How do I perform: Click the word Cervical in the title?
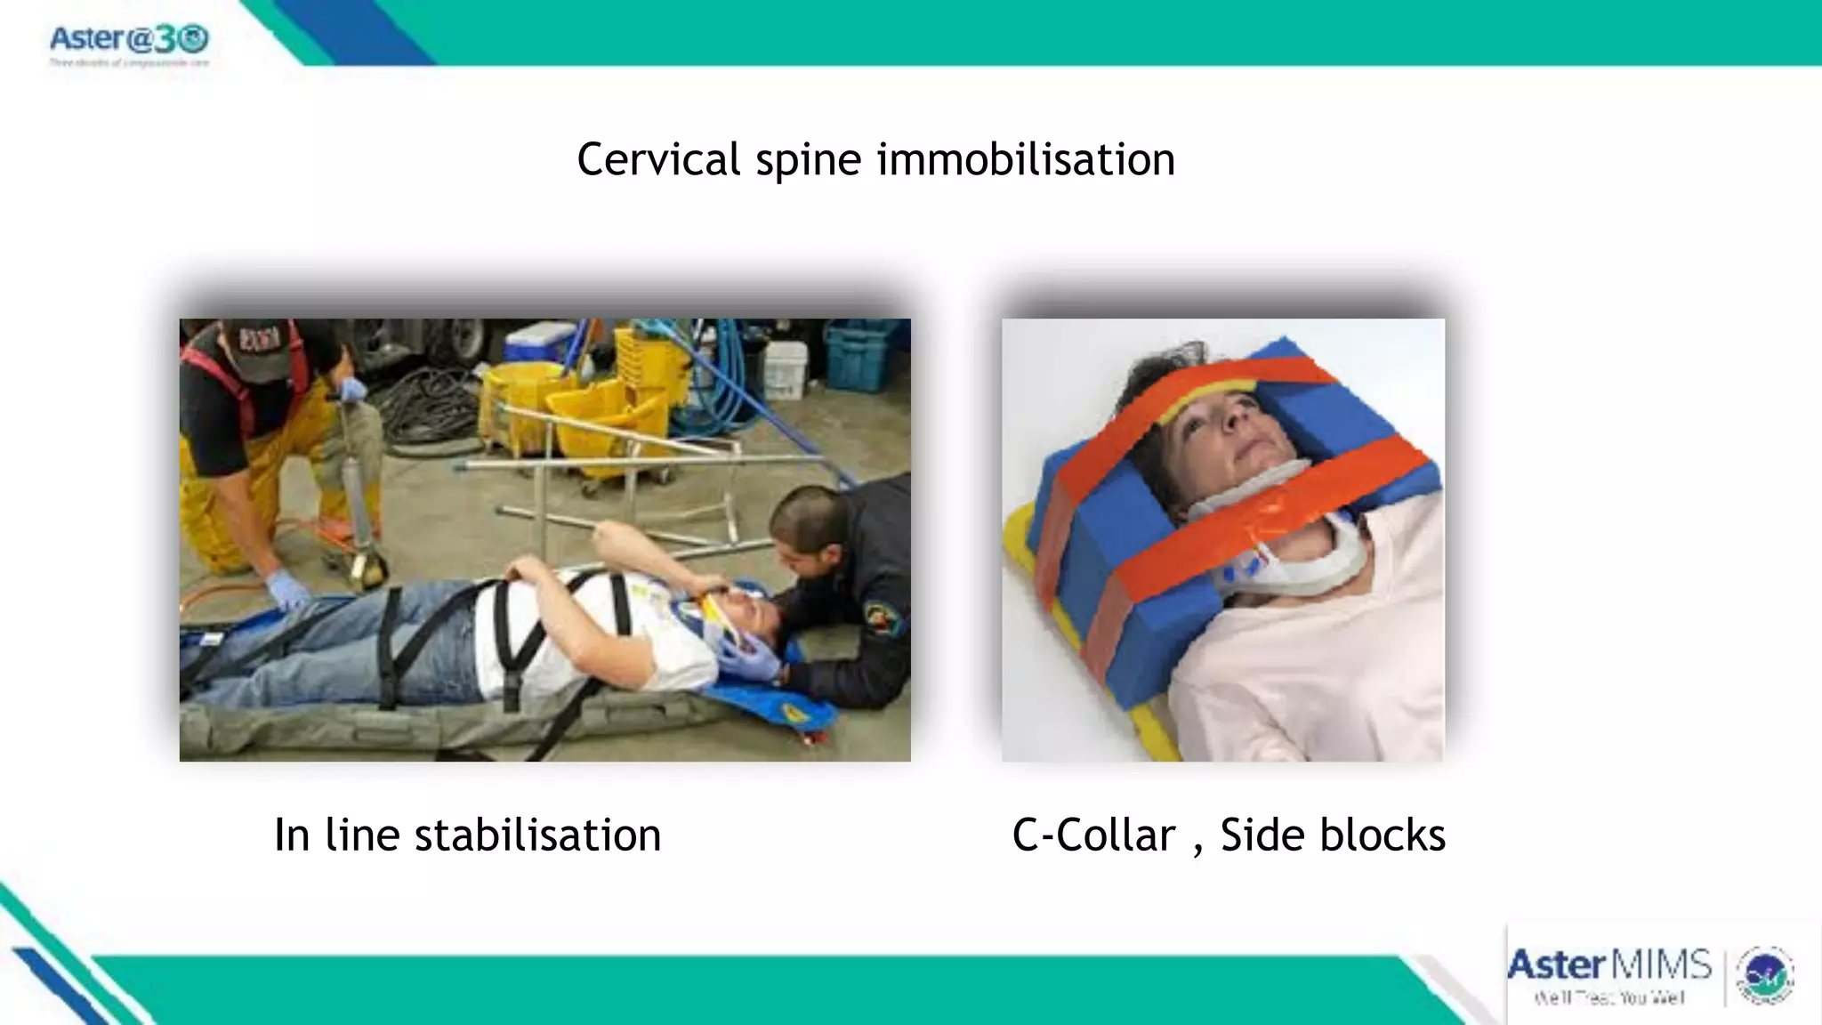coord(657,160)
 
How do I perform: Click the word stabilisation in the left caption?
coord(537,835)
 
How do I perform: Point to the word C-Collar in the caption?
coord(1093,835)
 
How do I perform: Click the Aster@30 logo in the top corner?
coord(129,40)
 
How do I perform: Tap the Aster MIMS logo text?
coord(1608,965)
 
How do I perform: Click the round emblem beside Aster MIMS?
coord(1765,975)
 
